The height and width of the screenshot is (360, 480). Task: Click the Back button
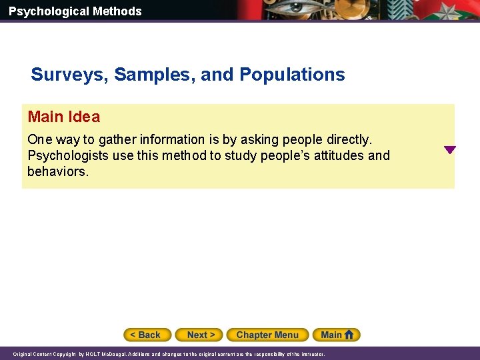(147, 335)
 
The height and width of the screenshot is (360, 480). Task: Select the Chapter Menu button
(267, 335)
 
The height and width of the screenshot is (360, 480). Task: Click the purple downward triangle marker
(450, 150)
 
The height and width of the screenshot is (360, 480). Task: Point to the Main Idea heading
(64, 117)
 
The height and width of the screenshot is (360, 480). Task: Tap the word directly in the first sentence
(346, 140)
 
